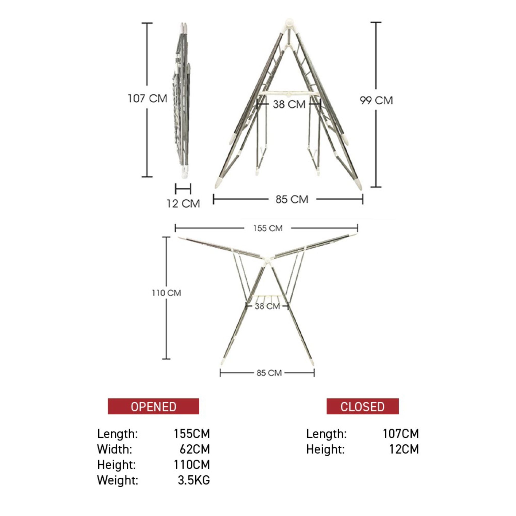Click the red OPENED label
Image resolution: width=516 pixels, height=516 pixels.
point(153,406)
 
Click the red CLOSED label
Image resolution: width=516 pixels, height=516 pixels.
point(362,406)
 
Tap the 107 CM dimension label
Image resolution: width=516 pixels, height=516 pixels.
point(147,99)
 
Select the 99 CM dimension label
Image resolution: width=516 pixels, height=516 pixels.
point(376,101)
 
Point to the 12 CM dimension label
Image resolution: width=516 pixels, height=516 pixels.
point(183,204)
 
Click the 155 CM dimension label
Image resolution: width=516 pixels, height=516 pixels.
point(268,228)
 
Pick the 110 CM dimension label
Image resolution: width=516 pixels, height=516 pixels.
point(166,293)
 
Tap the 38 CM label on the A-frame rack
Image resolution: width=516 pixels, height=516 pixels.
point(289,104)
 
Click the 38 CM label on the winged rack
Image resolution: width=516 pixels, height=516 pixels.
point(267,306)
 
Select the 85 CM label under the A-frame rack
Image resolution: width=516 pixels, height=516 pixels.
point(292,200)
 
